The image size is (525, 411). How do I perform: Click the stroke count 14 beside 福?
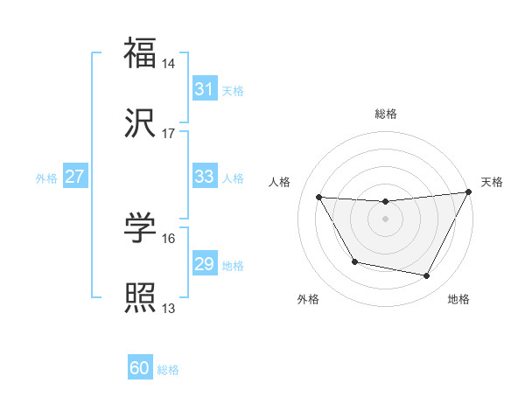(169, 64)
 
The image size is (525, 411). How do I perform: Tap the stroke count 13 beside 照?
(169, 309)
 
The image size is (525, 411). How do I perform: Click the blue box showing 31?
(204, 89)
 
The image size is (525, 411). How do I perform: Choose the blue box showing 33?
(204, 177)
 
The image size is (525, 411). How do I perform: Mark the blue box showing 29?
(204, 264)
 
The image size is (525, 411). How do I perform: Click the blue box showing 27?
(75, 177)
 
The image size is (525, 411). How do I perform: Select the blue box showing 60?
(140, 369)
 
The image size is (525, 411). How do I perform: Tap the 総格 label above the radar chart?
(386, 114)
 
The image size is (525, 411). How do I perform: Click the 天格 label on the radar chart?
(493, 182)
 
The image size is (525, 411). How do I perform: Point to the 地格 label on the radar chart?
(458, 300)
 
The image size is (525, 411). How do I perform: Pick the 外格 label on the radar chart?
(308, 300)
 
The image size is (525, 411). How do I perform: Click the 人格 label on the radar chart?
(280, 182)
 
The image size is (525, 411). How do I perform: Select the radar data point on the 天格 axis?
(469, 192)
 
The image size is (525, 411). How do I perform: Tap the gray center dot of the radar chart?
(386, 219)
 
